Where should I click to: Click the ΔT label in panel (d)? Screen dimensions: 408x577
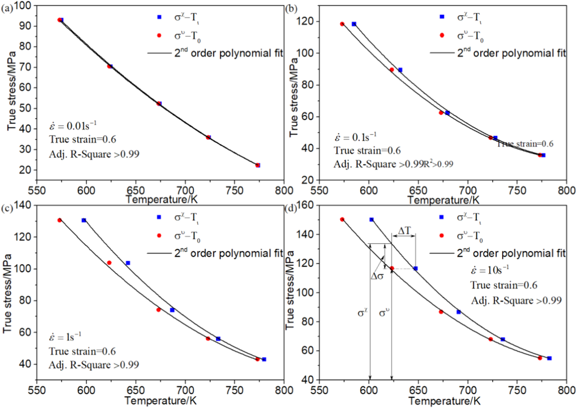pos(404,231)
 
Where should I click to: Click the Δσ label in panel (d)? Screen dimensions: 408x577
pos(377,277)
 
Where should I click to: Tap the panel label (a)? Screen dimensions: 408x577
pos(7,9)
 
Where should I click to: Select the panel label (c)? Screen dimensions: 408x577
pos(7,209)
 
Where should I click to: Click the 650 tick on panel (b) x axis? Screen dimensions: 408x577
pos(418,191)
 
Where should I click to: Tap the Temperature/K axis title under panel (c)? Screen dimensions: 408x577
pos(160,401)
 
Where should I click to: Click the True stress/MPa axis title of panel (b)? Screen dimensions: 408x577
pos(294,97)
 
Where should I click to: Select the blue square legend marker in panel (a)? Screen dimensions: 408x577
pos(159,17)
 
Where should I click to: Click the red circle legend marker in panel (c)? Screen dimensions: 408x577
pos(159,236)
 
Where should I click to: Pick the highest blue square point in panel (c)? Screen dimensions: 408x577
pos(84,220)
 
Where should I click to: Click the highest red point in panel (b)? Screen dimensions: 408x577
pos(342,24)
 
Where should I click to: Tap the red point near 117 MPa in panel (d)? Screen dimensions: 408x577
pos(391,268)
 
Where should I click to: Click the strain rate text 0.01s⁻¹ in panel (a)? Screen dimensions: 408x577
pos(73,126)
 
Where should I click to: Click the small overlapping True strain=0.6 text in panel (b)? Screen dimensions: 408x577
pos(525,144)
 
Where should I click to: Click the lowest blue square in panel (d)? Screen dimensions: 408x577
pos(549,358)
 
